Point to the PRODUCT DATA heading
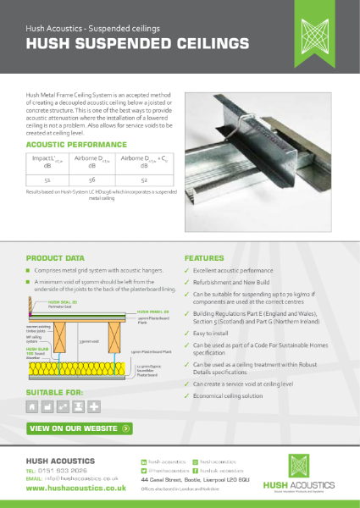click(x=56, y=257)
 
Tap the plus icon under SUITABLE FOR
click(x=93, y=406)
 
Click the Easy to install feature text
click(x=219, y=334)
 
